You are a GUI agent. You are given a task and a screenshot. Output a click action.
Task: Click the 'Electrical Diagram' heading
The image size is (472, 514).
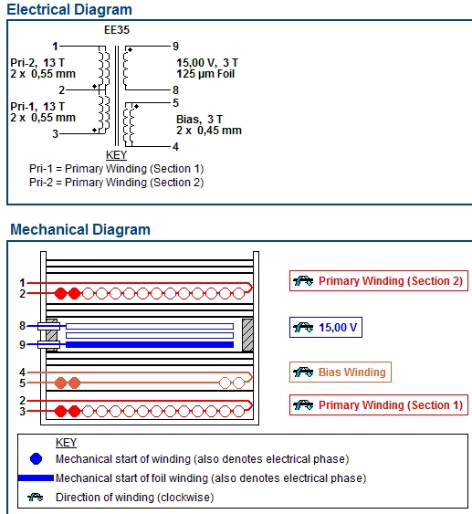(69, 9)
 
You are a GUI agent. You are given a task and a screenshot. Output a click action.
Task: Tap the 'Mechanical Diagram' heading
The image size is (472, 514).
(80, 229)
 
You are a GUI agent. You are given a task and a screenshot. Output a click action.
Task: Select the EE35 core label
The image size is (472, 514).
(117, 30)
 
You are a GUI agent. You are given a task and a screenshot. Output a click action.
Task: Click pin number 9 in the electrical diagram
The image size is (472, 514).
(175, 47)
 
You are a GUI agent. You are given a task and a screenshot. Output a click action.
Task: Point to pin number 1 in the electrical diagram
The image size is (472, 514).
(55, 47)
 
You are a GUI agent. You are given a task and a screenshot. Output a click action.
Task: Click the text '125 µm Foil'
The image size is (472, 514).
(205, 74)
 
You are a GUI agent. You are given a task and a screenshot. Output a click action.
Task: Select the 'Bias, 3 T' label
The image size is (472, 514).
(199, 119)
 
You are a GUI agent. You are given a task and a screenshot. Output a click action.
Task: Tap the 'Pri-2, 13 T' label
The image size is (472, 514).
(37, 63)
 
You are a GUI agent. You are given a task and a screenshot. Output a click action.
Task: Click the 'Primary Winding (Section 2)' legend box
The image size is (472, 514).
(379, 280)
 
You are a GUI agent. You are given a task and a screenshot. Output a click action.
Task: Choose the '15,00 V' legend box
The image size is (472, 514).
(326, 327)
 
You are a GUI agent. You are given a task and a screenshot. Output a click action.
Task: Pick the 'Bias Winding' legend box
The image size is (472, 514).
(341, 372)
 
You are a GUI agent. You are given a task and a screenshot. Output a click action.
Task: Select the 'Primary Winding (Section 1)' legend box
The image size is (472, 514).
(379, 404)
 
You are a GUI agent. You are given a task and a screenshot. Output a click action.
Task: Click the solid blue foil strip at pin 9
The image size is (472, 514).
(150, 344)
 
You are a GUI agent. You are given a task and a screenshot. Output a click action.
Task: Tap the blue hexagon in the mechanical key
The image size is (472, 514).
(36, 458)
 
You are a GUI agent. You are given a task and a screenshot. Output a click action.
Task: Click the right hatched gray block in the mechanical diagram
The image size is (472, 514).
(247, 335)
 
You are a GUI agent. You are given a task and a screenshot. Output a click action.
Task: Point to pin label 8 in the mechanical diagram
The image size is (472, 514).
(22, 326)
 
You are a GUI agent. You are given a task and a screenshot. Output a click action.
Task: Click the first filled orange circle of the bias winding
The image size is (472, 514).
(60, 383)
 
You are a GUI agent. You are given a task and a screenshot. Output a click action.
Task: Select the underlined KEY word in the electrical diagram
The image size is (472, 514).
(116, 155)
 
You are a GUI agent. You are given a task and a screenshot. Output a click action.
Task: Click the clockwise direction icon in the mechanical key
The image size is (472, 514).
(36, 497)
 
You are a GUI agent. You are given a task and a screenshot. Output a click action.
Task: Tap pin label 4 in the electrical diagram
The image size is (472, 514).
(175, 146)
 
